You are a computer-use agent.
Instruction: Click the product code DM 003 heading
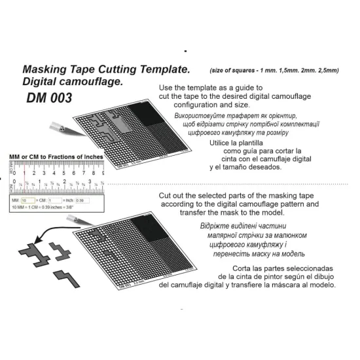[49, 98]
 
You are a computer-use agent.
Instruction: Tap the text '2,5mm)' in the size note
[325, 70]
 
